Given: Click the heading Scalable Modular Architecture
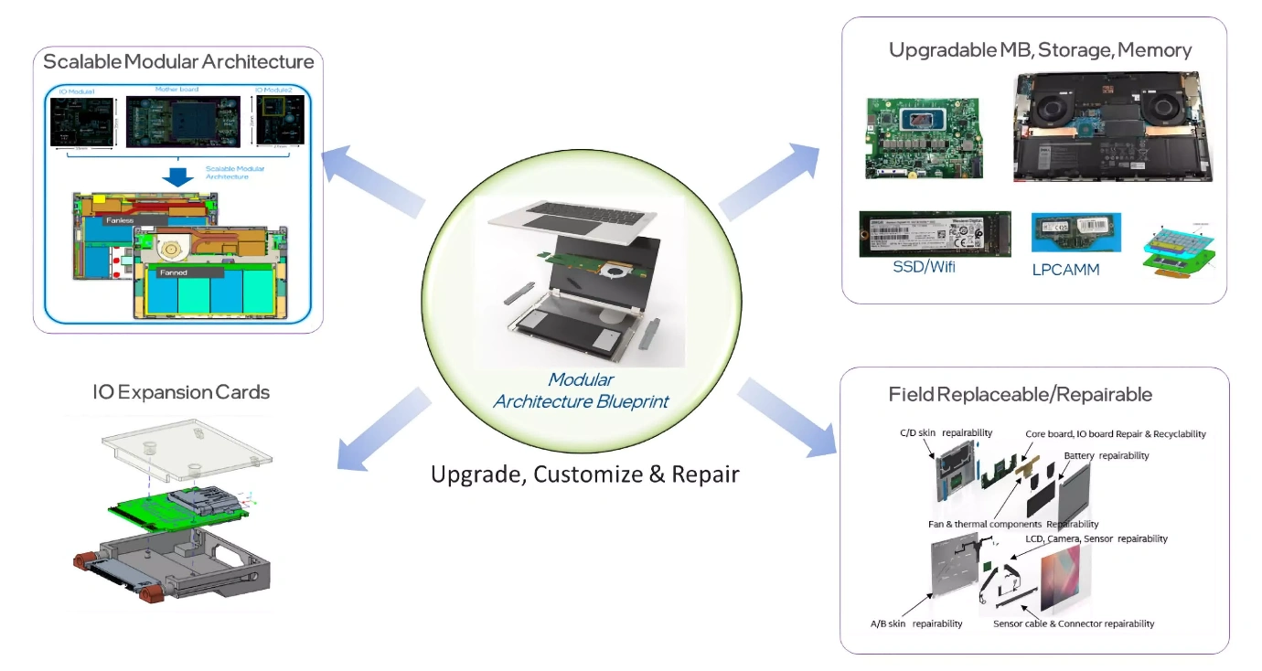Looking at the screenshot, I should tap(178, 62).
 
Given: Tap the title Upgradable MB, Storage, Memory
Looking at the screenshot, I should tap(1040, 49).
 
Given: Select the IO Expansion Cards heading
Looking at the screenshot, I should tap(181, 392).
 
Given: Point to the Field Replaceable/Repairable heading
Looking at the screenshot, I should tap(1020, 394).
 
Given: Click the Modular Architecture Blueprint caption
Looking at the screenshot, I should tap(582, 390).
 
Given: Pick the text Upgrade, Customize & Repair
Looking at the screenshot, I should tap(584, 474).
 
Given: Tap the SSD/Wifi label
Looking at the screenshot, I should tap(925, 268).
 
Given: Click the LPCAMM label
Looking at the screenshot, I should tap(1065, 269).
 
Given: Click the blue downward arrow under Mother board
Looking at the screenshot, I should tap(182, 176).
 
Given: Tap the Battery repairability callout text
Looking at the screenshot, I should tap(1106, 455).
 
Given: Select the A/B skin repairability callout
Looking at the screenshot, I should tap(915, 623).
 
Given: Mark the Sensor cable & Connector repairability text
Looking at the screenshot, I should tap(1074, 623).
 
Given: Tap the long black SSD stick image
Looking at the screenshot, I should tap(934, 234).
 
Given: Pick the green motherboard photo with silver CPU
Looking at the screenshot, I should tap(926, 137).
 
